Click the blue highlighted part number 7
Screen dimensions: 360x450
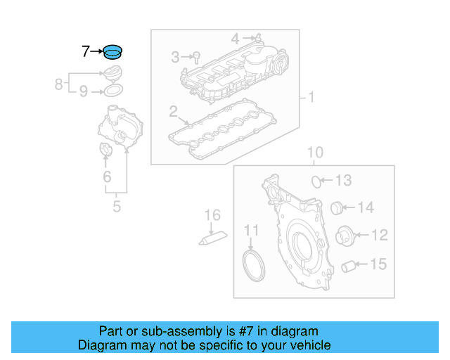tap(112, 51)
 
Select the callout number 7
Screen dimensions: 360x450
tap(86, 51)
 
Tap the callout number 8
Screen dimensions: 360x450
tap(59, 84)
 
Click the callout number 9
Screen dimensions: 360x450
tap(83, 91)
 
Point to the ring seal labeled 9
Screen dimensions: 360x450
tap(114, 91)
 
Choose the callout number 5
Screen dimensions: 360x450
tap(117, 206)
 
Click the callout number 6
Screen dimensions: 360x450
tap(107, 177)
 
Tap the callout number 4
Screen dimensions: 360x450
tap(236, 37)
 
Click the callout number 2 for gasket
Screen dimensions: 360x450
tap(173, 111)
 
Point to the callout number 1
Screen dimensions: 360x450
tap(310, 97)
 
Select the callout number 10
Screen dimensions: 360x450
tap(315, 153)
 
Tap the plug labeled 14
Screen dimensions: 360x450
tap(337, 207)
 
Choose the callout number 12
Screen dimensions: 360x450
tap(379, 234)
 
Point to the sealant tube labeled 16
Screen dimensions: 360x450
tap(213, 238)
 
